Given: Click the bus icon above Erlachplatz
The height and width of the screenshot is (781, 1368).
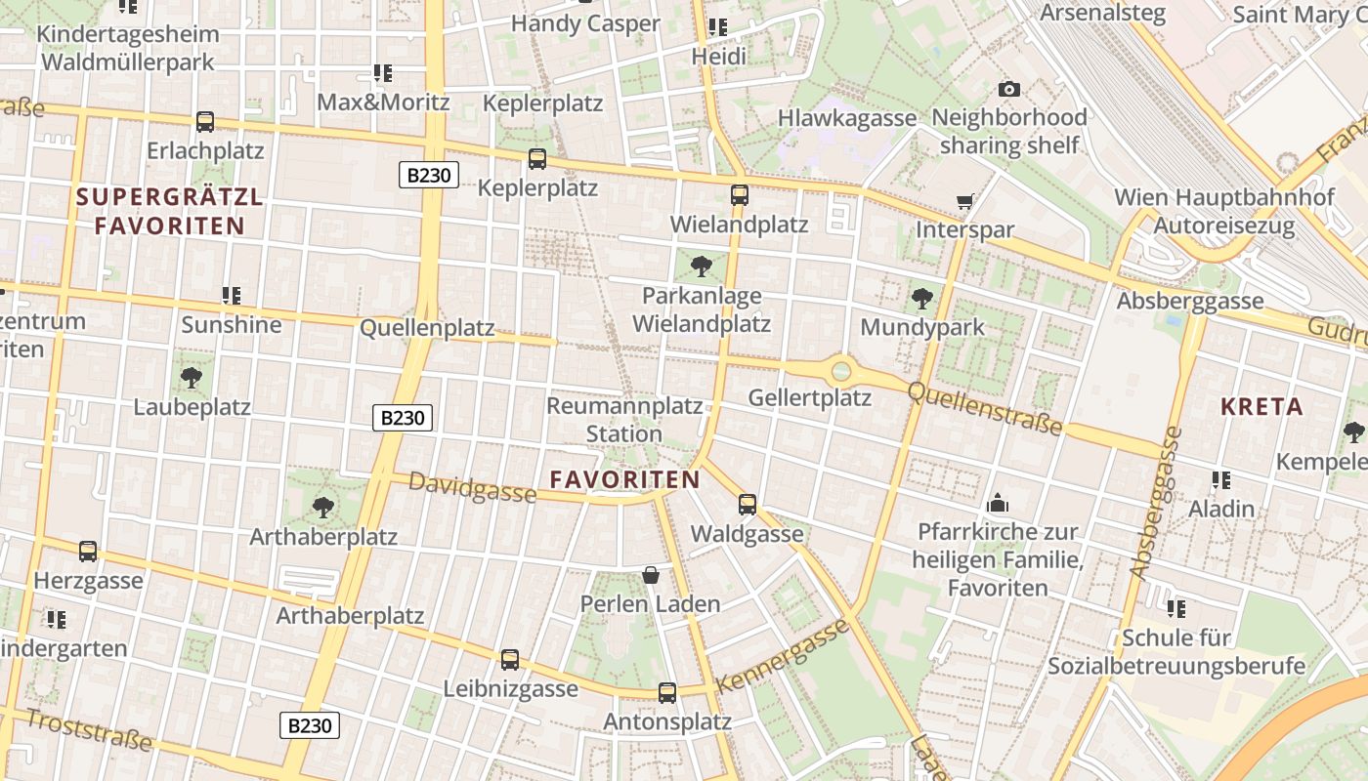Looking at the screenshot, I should click(x=205, y=122).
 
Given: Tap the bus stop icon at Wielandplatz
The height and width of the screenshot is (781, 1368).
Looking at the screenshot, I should click(x=740, y=194).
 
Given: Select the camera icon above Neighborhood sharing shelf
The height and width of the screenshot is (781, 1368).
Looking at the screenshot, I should click(x=1009, y=90).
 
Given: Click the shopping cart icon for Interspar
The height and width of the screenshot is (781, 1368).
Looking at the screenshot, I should click(x=965, y=202).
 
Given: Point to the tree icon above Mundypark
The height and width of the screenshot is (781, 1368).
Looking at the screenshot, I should click(x=921, y=299).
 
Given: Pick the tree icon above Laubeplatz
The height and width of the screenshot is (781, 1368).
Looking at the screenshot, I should click(x=192, y=378).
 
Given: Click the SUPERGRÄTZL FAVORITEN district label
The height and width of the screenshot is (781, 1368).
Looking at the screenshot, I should click(x=170, y=211).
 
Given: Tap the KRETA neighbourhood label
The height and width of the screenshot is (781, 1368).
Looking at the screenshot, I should click(x=1261, y=406).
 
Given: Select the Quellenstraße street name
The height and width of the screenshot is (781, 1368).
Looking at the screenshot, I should click(x=984, y=408).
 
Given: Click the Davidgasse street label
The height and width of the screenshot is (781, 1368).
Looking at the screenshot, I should click(x=472, y=486).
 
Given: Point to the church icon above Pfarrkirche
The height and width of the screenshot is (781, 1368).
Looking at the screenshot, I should click(x=998, y=503).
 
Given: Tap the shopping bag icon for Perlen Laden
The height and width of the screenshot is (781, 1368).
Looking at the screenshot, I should click(x=651, y=575).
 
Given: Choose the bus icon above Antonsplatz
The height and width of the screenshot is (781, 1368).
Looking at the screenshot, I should click(x=667, y=693).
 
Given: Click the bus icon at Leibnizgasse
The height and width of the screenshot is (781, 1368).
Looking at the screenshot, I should click(x=510, y=660).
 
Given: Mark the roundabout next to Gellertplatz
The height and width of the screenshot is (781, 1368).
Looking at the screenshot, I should click(x=841, y=371).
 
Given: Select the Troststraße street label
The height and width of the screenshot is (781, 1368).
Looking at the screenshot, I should click(x=88, y=729).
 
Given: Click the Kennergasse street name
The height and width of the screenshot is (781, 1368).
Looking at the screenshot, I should click(x=782, y=655).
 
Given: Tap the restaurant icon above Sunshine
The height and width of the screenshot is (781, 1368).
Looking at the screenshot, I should click(x=232, y=295).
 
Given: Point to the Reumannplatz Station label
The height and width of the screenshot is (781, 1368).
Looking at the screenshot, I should click(x=624, y=419).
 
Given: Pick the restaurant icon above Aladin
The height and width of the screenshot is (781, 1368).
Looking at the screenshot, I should click(x=1221, y=479).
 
